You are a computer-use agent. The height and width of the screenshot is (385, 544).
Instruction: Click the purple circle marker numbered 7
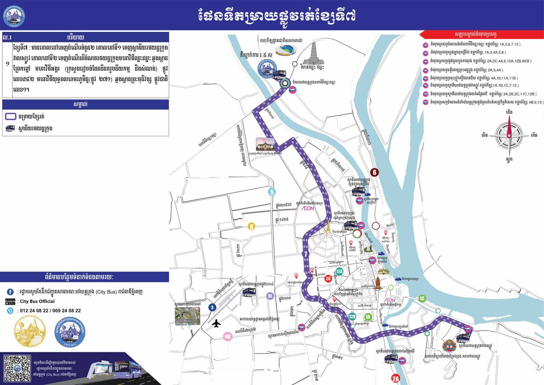click(x=305, y=254)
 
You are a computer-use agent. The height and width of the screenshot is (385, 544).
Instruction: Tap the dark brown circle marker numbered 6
click(x=374, y=172)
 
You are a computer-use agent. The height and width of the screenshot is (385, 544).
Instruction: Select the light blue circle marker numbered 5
click(x=272, y=192)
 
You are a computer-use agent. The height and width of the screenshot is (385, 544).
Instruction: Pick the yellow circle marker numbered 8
click(x=252, y=226)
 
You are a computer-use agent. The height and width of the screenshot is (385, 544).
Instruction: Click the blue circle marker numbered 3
click(x=212, y=307)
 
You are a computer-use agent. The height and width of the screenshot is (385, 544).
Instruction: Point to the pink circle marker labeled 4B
click(x=228, y=337)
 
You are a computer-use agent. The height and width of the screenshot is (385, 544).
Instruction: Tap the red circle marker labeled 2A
click(x=396, y=379)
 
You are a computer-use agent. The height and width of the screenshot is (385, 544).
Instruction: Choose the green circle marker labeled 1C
click(x=422, y=299)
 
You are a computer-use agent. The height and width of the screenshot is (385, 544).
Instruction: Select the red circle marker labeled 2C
click(x=328, y=279)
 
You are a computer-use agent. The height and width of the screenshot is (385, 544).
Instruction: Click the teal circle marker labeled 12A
click(x=339, y=271)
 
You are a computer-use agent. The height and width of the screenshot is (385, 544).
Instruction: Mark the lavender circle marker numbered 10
click(x=269, y=296)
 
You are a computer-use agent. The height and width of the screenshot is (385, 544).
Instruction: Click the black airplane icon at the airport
click(x=216, y=324)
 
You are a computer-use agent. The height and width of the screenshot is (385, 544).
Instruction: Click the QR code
click(x=17, y=368)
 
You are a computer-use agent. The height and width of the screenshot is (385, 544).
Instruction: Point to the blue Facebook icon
click(x=10, y=292)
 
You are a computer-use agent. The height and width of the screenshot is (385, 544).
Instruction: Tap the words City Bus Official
click(x=37, y=301)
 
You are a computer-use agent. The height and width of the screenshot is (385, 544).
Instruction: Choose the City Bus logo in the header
click(x=14, y=16)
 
